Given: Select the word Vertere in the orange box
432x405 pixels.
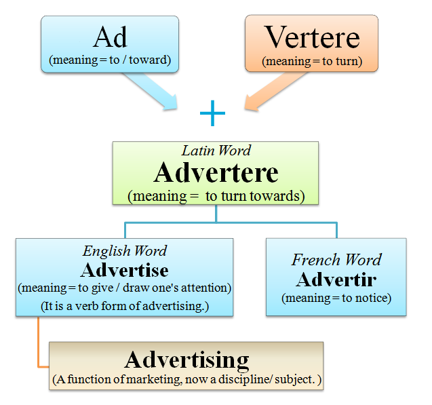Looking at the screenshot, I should [x=312, y=37].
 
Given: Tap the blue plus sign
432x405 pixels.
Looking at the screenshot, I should [x=212, y=114].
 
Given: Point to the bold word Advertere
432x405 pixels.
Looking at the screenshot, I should [x=216, y=172].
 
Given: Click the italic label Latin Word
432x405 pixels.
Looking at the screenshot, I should [x=216, y=151].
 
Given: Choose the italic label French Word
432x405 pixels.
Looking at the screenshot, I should [x=336, y=260].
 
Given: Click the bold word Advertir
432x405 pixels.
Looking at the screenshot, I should [x=336, y=278].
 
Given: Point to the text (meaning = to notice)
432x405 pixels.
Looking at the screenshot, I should [x=336, y=297].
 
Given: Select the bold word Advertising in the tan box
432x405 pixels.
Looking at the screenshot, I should [x=186, y=360].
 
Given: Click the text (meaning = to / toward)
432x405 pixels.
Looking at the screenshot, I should [x=110, y=60].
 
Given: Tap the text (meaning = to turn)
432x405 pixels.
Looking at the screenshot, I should [x=312, y=61].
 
